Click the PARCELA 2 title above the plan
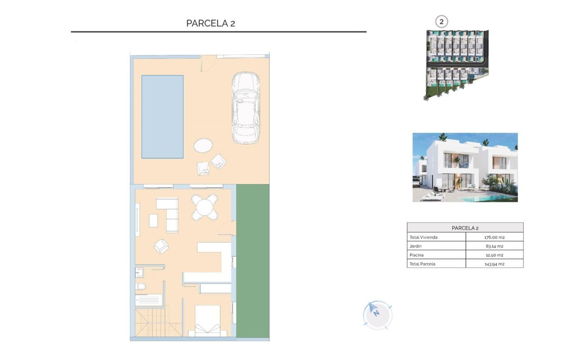pyautogui.click(x=211, y=23)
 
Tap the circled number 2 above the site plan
pyautogui.click(x=441, y=22)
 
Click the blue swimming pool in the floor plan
pyautogui.click(x=162, y=117)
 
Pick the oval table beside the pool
pyautogui.click(x=203, y=145)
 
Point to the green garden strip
pyautogui.click(x=252, y=261)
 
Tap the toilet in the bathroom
pyautogui.click(x=140, y=287)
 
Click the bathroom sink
pyautogui.click(x=139, y=273)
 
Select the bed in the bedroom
pyautogui.click(x=207, y=321)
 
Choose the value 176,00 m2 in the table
pyautogui.click(x=494, y=237)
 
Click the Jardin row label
pyautogui.click(x=415, y=246)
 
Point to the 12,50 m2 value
pyautogui.click(x=494, y=255)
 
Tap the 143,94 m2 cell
pyautogui.click(x=494, y=264)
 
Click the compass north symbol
pyautogui.click(x=377, y=314)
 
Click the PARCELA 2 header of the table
pyautogui.click(x=465, y=228)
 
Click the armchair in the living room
pyautogui.click(x=161, y=246)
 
